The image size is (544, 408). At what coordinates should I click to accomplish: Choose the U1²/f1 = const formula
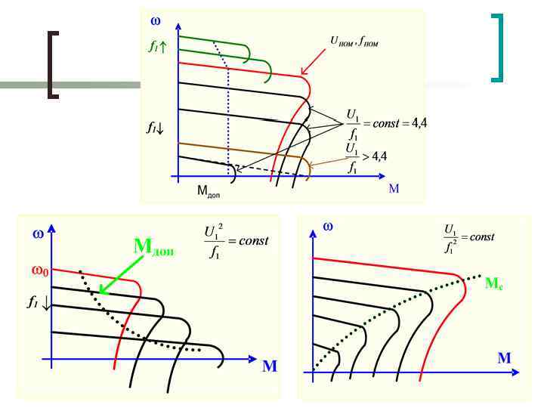pyautogui.click(x=236, y=241)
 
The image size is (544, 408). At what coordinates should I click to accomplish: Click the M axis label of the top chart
pyautogui.click(x=394, y=188)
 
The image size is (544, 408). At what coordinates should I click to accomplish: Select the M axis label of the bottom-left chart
pyautogui.click(x=269, y=367)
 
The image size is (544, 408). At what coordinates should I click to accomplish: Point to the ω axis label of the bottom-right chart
pyautogui.click(x=328, y=225)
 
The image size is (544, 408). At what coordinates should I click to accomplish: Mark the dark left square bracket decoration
pyautogui.click(x=51, y=65)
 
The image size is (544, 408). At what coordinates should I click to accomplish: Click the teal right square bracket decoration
pyautogui.click(x=497, y=47)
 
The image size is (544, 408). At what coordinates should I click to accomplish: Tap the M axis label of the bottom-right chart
pyautogui.click(x=503, y=357)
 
